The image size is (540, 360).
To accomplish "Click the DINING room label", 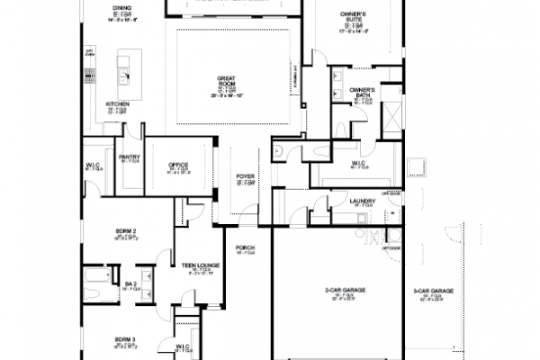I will point(121,7).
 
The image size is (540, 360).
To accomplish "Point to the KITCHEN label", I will point(118,104).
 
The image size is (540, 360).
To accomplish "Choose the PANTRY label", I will point(128,157).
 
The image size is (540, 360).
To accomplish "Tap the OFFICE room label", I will point(177,165).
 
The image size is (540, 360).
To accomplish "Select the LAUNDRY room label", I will point(362,201).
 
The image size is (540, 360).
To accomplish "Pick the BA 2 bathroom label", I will point(130,284).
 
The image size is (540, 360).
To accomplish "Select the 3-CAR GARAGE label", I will point(434,292).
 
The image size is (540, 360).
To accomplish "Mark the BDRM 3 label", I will point(125,339).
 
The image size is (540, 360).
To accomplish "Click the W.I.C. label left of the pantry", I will point(94,165).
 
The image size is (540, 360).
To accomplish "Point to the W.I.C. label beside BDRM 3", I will point(183,345).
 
